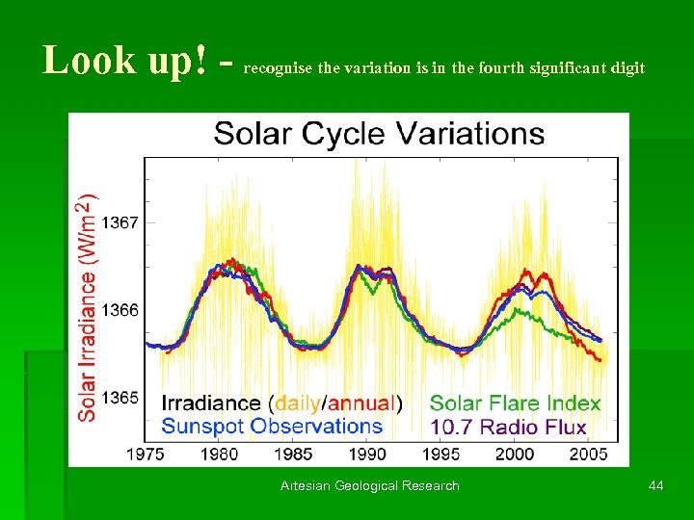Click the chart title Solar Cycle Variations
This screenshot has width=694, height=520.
[379, 134]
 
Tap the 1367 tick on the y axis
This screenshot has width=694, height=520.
[120, 222]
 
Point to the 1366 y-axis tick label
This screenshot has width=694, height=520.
[120, 310]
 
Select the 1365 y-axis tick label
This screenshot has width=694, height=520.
[120, 398]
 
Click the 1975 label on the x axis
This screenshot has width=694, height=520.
[148, 454]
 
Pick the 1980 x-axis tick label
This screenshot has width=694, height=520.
[221, 454]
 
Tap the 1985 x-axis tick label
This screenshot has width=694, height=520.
[293, 454]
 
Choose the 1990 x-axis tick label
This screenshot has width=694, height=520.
[366, 454]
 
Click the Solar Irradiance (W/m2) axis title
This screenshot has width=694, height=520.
[87, 307]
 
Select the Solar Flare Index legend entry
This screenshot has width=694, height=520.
[515, 403]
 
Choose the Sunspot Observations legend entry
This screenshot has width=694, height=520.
[272, 426]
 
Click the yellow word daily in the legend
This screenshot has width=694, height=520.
[298, 403]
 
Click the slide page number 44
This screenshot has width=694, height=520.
[655, 485]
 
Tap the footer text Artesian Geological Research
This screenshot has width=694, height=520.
[370, 485]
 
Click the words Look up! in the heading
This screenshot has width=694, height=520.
[124, 61]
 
